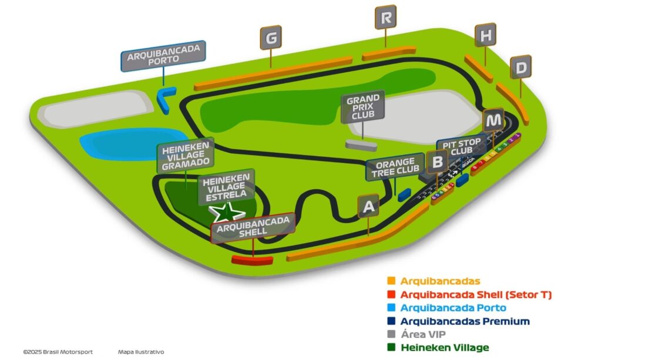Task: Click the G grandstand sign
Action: click(x=271, y=38)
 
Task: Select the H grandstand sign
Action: click(x=485, y=35)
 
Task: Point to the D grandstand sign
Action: click(x=520, y=67)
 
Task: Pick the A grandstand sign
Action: click(x=368, y=206)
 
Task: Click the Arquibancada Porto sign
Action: click(x=163, y=56)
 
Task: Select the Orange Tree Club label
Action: click(x=394, y=167)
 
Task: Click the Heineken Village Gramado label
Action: click(x=186, y=155)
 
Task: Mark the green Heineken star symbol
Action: click(x=228, y=211)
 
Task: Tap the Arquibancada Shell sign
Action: click(x=253, y=226)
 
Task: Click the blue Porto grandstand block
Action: click(x=166, y=98)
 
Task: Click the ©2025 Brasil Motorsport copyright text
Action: click(x=58, y=352)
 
